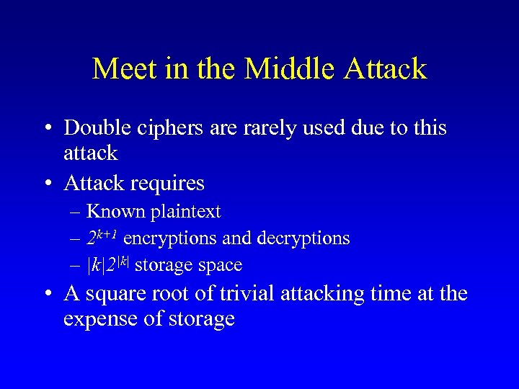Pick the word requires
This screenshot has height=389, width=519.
tap(169, 184)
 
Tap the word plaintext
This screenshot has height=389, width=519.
tap(185, 213)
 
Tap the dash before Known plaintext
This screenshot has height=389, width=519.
tap(76, 213)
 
